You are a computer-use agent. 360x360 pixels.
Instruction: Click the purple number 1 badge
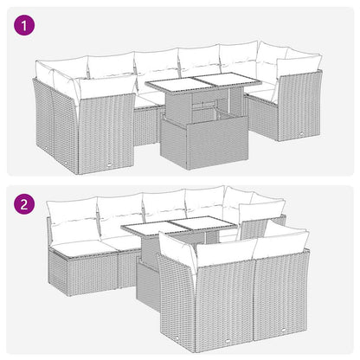pos(23,27)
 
